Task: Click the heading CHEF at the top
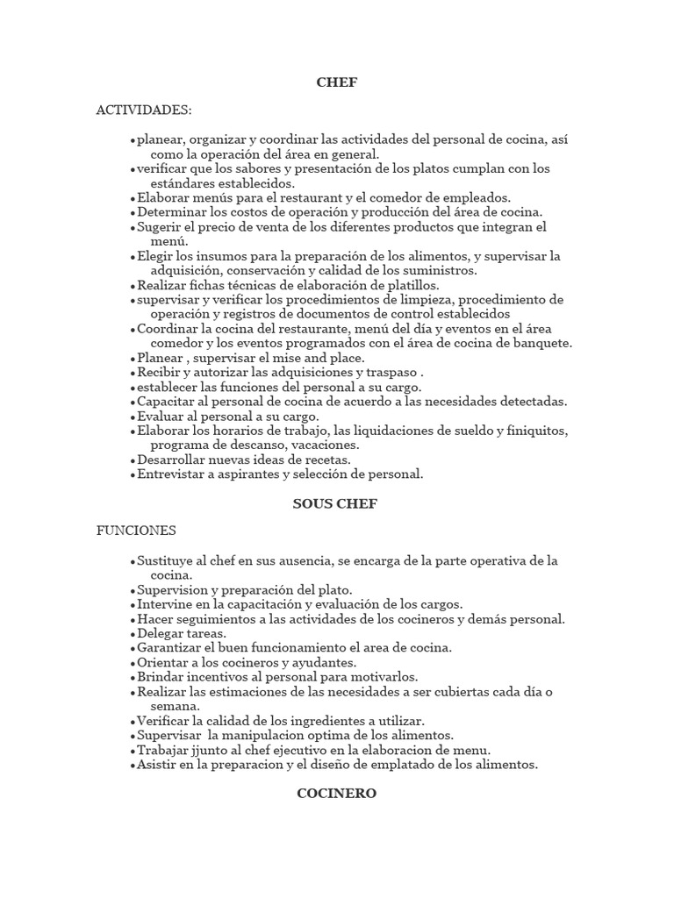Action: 336,82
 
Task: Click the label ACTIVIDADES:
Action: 144,110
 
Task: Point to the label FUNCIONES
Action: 136,531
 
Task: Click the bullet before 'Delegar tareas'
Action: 133,634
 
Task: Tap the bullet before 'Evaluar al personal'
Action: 133,417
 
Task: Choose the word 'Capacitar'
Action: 168,402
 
